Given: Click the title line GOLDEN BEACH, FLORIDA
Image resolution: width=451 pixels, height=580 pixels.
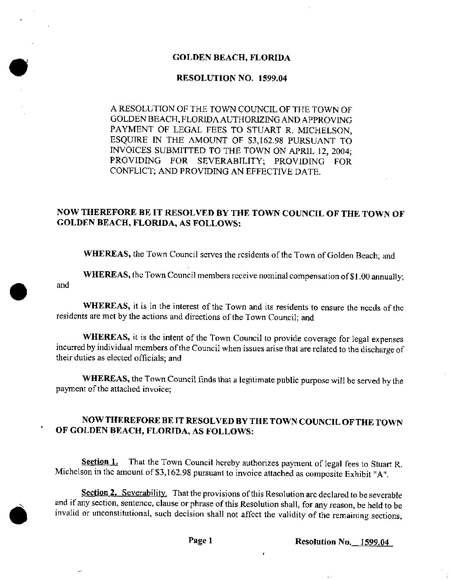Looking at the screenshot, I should tap(231, 58).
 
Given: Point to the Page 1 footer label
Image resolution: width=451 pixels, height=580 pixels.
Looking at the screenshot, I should tap(200, 540).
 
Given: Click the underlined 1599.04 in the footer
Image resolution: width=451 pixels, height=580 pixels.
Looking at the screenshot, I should tap(375, 542).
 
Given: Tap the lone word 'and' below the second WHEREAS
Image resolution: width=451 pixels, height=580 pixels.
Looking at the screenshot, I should tap(62, 285).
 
